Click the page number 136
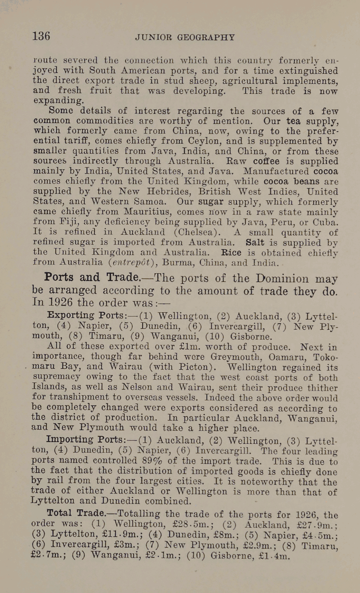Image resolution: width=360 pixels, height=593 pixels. click(x=41, y=36)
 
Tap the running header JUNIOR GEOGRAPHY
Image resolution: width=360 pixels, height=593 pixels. click(x=185, y=38)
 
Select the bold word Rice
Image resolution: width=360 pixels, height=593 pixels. click(x=231, y=253)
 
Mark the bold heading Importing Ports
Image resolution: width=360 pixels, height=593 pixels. click(x=86, y=440)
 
